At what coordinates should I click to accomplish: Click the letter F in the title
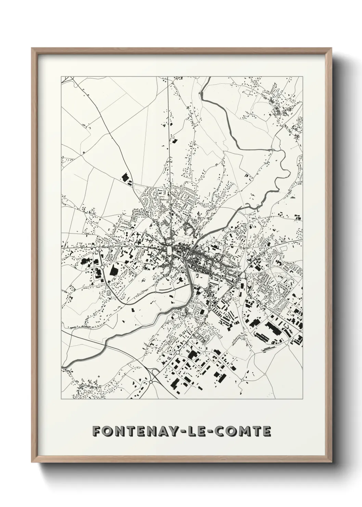click(97, 432)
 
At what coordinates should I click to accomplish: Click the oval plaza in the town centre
click(169, 250)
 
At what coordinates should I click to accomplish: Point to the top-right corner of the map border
click(303, 76)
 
